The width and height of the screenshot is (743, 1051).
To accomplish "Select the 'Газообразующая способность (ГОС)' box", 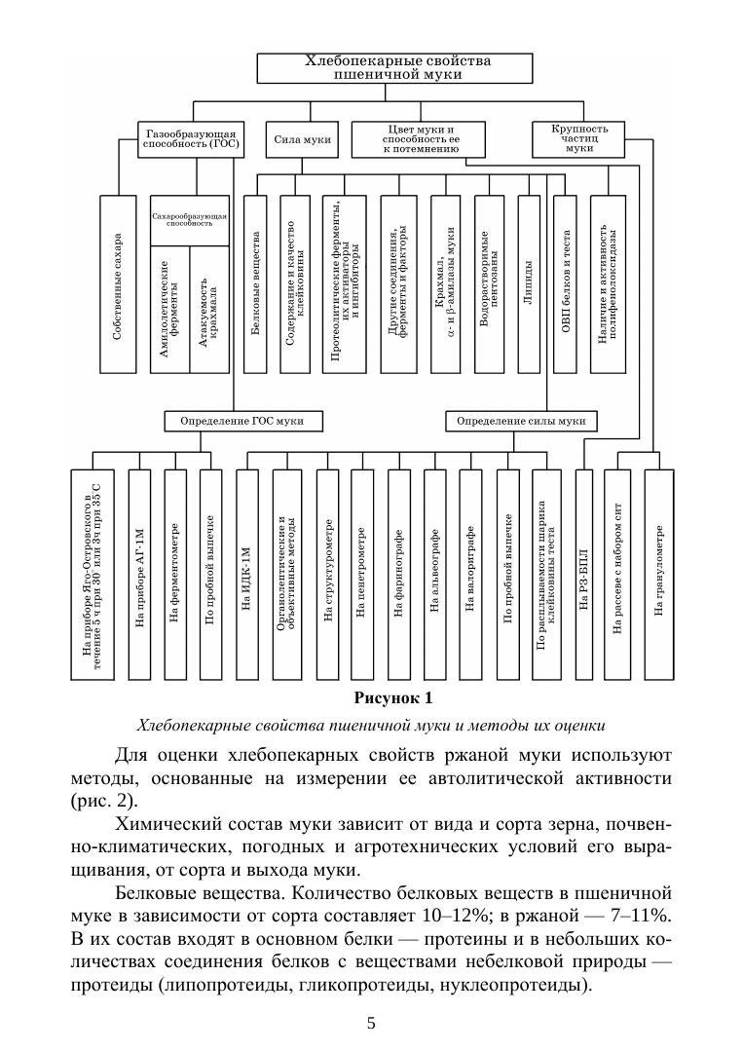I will pyautogui.click(x=192, y=139).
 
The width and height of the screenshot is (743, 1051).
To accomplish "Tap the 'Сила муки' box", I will pyautogui.click(x=303, y=139).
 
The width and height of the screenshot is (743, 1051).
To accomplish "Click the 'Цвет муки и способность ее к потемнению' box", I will pyautogui.click(x=422, y=139).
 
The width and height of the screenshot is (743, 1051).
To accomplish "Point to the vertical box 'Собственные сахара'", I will pyautogui.click(x=117, y=283).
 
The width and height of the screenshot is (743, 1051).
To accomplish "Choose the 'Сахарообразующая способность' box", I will pyautogui.click(x=189, y=218).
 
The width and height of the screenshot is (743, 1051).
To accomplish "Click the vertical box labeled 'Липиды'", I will pyautogui.click(x=528, y=283).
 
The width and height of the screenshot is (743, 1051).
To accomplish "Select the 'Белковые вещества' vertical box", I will pyautogui.click(x=255, y=283).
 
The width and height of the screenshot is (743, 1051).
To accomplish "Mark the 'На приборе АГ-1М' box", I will pyautogui.click(x=139, y=574).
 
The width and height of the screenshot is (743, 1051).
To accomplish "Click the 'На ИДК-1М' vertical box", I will pyautogui.click(x=246, y=574).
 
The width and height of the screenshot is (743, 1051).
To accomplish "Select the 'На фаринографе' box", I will pyautogui.click(x=398, y=574).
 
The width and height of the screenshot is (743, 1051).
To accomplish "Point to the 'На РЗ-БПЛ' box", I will pyautogui.click(x=583, y=574).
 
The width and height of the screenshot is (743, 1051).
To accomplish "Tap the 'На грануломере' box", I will pyautogui.click(x=658, y=574).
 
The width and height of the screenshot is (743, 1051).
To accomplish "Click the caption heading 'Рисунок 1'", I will pyautogui.click(x=392, y=698).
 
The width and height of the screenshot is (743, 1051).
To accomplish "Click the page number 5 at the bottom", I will pyautogui.click(x=371, y=1023).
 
